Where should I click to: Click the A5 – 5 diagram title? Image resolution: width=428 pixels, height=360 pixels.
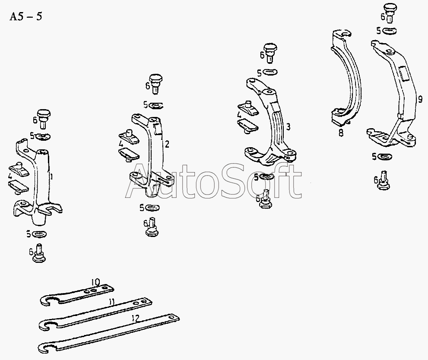(x=25, y=17)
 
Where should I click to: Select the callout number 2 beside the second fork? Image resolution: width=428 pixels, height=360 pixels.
(x=167, y=144)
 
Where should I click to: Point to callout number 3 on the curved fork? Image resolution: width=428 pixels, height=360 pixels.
(x=288, y=127)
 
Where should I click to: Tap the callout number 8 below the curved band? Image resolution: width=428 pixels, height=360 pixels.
(x=341, y=133)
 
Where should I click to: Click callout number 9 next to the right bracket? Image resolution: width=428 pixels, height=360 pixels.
(x=420, y=99)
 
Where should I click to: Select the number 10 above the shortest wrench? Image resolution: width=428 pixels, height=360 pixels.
(x=95, y=282)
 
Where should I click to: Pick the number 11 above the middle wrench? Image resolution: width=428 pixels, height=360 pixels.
(x=111, y=301)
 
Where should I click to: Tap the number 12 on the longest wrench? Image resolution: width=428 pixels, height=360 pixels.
(x=135, y=318)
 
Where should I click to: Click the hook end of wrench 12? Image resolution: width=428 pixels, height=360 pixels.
(x=44, y=348)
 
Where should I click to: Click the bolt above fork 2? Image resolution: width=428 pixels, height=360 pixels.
(x=156, y=83)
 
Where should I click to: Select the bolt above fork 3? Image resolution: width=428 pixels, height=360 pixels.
(x=270, y=52)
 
